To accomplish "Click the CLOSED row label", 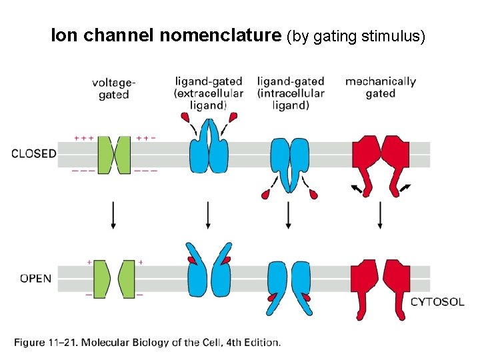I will pyautogui.click(x=34, y=153).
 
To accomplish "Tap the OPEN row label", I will pyautogui.click(x=35, y=278).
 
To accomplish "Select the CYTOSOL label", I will pyautogui.click(x=437, y=302).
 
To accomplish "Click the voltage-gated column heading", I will pyautogui.click(x=113, y=88).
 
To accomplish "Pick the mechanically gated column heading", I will pyautogui.click(x=381, y=87).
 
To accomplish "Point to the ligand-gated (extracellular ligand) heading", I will pyautogui.click(x=209, y=93).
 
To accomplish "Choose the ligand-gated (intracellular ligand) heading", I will pyautogui.click(x=291, y=93).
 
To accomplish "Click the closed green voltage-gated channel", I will pyautogui.click(x=114, y=154).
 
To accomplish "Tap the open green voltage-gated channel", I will pyautogui.click(x=114, y=279).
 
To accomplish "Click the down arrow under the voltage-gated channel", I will pyautogui.click(x=113, y=215).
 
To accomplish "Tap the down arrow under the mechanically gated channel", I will pyautogui.click(x=380, y=215).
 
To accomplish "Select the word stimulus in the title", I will pyautogui.click(x=396, y=35).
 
